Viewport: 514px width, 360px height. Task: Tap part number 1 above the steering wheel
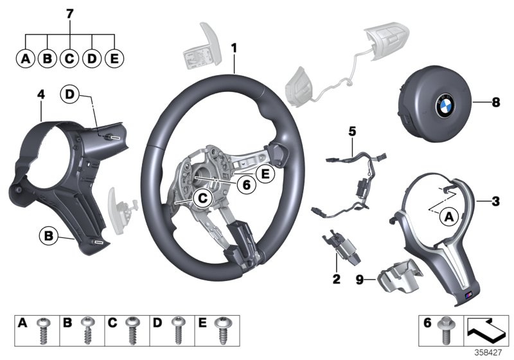[x=235, y=47]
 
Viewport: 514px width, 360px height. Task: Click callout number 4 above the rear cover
[x=40, y=95]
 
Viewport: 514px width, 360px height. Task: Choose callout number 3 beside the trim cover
[x=495, y=202]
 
